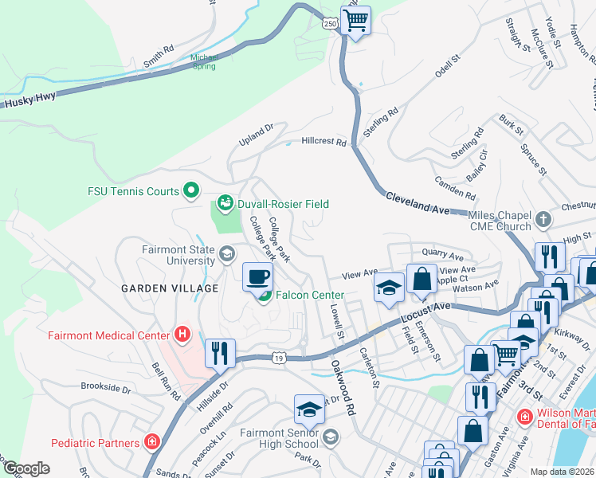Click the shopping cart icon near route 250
pos(356,19)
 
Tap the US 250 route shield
pos(330,25)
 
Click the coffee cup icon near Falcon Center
pos(257,276)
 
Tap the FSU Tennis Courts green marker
pos(190,190)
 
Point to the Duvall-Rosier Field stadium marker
pos(225,204)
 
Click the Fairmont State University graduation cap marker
pos(226,255)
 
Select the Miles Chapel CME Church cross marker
pos(543,219)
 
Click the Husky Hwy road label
pos(29,103)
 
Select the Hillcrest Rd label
pos(324,143)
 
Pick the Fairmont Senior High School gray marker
pos(331,437)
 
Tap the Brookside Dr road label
pos(105,388)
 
